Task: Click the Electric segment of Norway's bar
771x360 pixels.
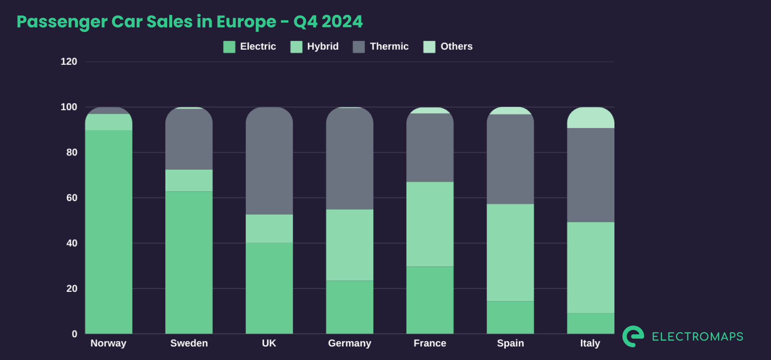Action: [x=109, y=232]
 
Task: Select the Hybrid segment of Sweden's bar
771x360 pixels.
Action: [x=189, y=181]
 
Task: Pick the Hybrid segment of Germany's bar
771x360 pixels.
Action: [x=350, y=245]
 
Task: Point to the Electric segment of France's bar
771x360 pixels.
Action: [x=430, y=300]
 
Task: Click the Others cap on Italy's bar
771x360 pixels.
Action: [x=590, y=118]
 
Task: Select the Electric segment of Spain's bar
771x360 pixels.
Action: [x=510, y=317]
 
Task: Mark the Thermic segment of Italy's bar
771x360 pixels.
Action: [x=590, y=175]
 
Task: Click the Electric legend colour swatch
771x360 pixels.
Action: [x=229, y=47]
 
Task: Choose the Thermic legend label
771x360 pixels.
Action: [x=389, y=46]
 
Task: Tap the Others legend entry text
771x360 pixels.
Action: [x=456, y=46]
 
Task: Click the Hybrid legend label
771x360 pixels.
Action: [x=323, y=46]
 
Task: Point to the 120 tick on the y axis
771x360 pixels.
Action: [x=69, y=62]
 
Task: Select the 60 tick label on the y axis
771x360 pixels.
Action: [x=72, y=198]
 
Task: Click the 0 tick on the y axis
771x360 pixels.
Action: [x=74, y=334]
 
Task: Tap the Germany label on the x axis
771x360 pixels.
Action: [x=350, y=343]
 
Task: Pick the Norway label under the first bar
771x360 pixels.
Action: [x=109, y=343]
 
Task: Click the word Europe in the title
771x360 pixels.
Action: [x=246, y=22]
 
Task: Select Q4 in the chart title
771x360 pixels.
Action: [x=305, y=22]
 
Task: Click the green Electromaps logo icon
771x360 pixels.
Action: [x=633, y=336]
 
